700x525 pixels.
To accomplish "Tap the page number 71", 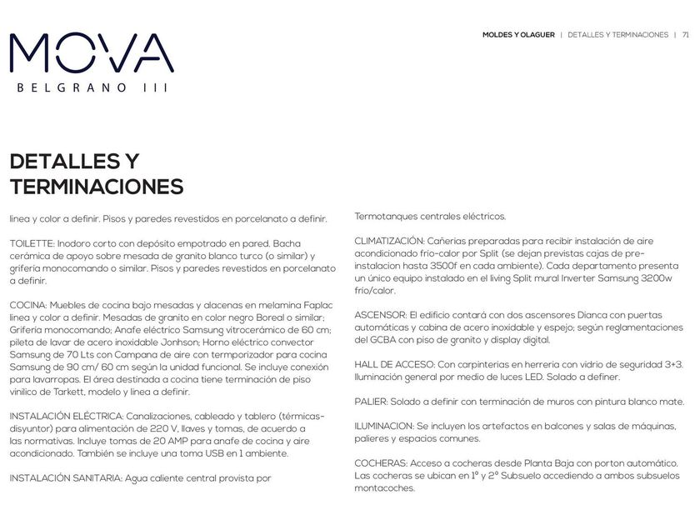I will tap(685, 35).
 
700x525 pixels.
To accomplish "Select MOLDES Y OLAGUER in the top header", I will tap(518, 35).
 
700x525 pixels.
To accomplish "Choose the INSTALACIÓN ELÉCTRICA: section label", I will tap(67, 415).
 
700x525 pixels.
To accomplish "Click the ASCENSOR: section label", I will tap(380, 316).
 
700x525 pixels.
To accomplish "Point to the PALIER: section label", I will tap(371, 402).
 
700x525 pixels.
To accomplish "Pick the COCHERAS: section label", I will tap(379, 462).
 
